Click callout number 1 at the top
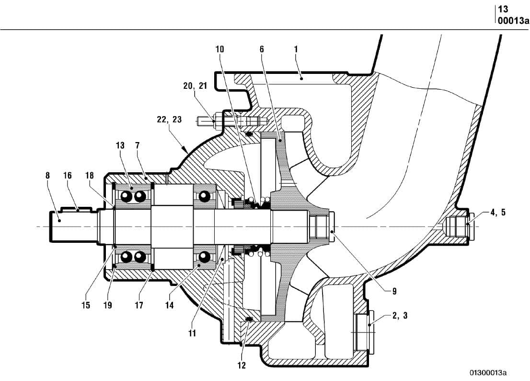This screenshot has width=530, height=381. [296, 49]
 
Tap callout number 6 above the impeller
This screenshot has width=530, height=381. [262, 49]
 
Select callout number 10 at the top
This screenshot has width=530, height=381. [219, 49]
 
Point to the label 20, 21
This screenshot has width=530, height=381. [195, 86]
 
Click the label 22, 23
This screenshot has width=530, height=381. [170, 119]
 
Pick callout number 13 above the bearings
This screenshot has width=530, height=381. [120, 145]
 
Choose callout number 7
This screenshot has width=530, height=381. [138, 145]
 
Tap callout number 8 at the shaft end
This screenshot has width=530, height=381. [47, 176]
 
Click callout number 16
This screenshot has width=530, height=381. [68, 176]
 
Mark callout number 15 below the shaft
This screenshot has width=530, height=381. [86, 305]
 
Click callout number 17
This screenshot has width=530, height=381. [138, 305]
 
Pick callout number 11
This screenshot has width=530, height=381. [192, 333]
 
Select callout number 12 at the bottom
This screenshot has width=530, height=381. [242, 366]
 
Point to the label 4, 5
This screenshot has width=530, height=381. [497, 213]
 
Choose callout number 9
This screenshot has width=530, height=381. [394, 291]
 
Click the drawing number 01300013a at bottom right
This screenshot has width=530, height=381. [488, 373]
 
